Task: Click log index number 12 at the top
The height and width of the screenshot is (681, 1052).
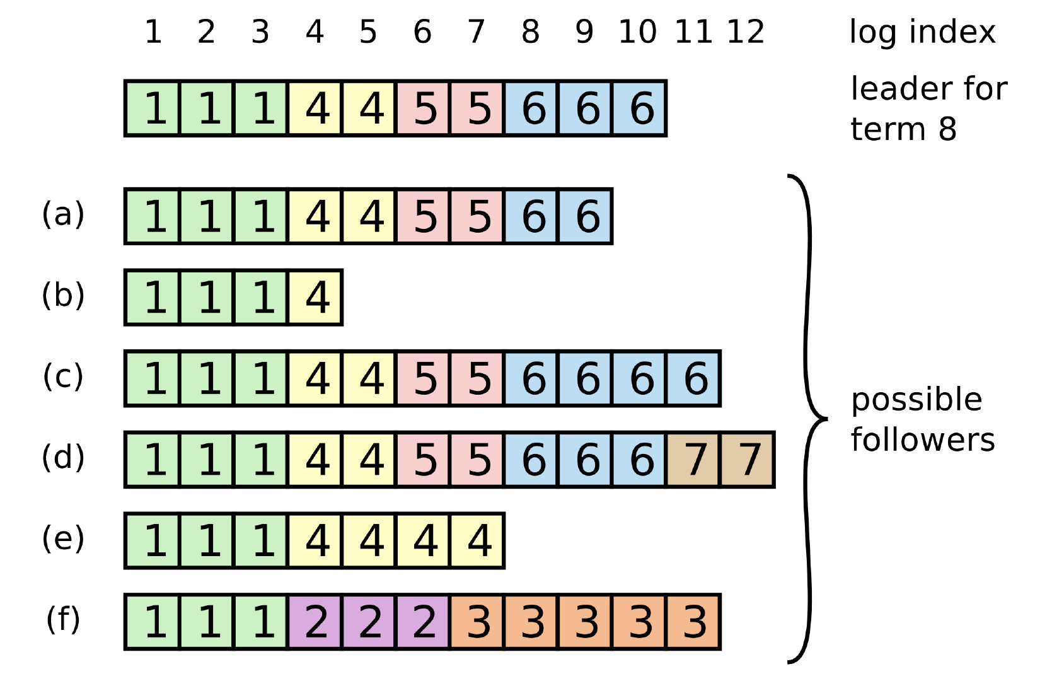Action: tap(746, 32)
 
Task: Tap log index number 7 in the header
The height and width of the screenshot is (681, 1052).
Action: tap(476, 32)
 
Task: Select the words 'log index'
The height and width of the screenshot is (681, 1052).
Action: tap(922, 32)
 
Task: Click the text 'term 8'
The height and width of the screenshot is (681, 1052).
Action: tap(903, 129)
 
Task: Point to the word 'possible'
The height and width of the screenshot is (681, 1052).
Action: tap(916, 400)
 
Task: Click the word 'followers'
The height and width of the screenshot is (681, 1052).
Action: tap(923, 440)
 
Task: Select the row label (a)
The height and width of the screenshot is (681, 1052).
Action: tap(63, 214)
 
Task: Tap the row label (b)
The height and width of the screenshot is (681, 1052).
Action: tap(63, 295)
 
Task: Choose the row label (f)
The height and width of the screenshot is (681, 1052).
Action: tap(63, 619)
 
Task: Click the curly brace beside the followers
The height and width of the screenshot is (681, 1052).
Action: tap(809, 418)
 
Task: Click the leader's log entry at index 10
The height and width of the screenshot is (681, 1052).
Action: tap(639, 108)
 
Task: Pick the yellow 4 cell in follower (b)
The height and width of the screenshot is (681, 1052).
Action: tap(315, 298)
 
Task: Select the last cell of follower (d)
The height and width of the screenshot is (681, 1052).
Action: tap(748, 460)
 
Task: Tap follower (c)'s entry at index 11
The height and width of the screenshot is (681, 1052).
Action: tap(693, 379)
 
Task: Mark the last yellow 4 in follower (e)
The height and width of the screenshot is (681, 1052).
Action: tap(477, 541)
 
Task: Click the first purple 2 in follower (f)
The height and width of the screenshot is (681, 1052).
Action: tap(315, 622)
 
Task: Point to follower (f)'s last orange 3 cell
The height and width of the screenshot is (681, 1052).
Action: tap(693, 622)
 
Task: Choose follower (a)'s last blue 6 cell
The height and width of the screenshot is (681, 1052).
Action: tap(586, 216)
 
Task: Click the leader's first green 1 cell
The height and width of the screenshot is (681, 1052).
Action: tap(153, 108)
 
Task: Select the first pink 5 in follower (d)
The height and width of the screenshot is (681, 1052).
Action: tap(424, 460)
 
